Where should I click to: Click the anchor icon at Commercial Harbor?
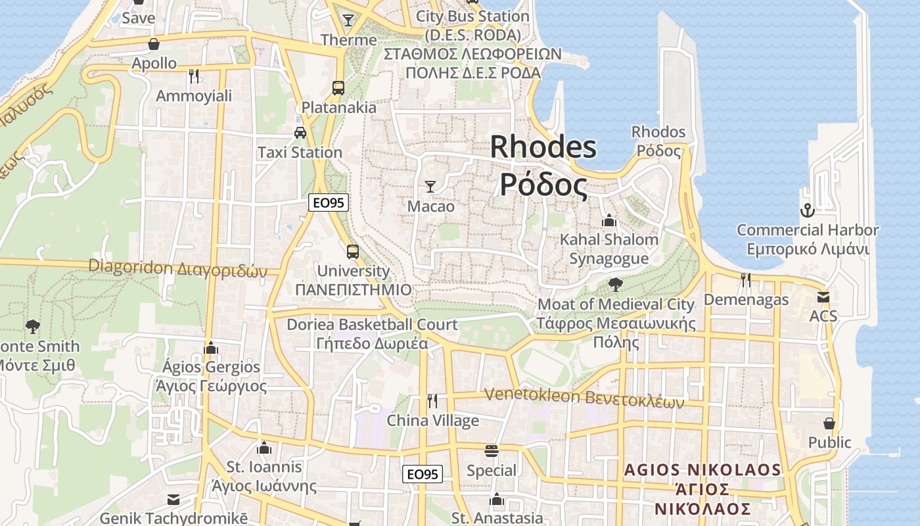806,210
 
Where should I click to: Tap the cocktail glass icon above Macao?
430,187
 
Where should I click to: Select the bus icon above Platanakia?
338,87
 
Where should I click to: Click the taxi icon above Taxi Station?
300,132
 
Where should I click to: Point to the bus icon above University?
353,251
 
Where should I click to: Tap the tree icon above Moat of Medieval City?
616,285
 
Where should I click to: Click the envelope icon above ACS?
823,297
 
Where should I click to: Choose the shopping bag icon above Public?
829,423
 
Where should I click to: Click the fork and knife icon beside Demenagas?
746,280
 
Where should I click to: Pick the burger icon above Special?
492,450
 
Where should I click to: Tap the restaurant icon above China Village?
432,400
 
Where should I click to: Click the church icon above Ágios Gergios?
211,347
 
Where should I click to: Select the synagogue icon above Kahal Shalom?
609,220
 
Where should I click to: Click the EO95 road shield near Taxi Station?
329,203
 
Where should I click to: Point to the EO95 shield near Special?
423,474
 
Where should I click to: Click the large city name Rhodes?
543,147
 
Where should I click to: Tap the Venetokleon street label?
584,397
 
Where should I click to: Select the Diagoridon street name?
177,268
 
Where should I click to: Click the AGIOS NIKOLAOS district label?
702,470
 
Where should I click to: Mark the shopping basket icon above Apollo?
154,44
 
